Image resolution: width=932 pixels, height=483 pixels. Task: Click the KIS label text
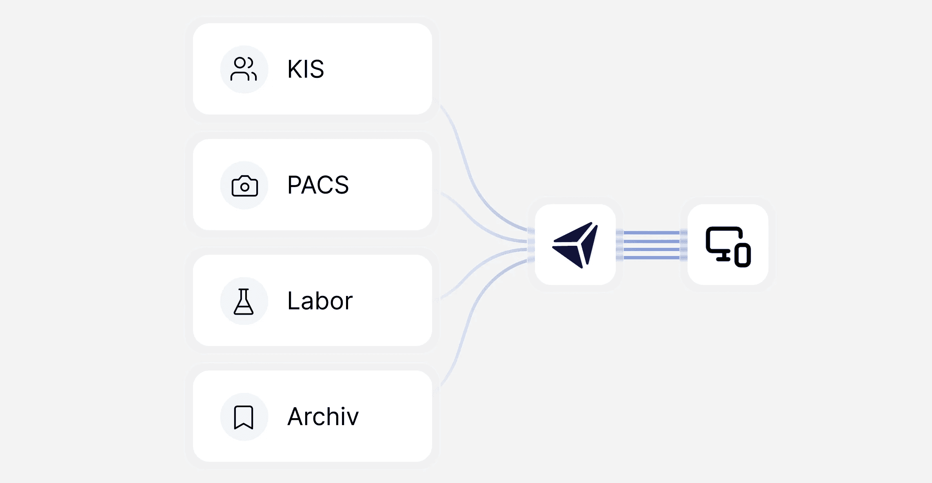306,69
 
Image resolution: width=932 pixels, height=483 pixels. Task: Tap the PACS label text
318,185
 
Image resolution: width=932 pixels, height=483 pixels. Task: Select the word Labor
320,301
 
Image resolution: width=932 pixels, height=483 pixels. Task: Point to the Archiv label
323,417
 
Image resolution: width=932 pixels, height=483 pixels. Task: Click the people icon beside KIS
244,69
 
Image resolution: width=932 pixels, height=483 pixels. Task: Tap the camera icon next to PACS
244,186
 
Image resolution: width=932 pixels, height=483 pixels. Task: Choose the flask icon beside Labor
244,302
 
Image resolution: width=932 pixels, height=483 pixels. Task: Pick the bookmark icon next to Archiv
244,417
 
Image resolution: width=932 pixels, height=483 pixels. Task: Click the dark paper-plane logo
575,245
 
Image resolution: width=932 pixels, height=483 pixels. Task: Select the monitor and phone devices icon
728,246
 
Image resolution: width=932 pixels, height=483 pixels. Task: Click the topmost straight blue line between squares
651,233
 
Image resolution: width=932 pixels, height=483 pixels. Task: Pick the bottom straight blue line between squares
651,258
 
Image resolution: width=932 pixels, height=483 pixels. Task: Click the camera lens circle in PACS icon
245,187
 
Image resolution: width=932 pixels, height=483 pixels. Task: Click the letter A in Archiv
296,417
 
